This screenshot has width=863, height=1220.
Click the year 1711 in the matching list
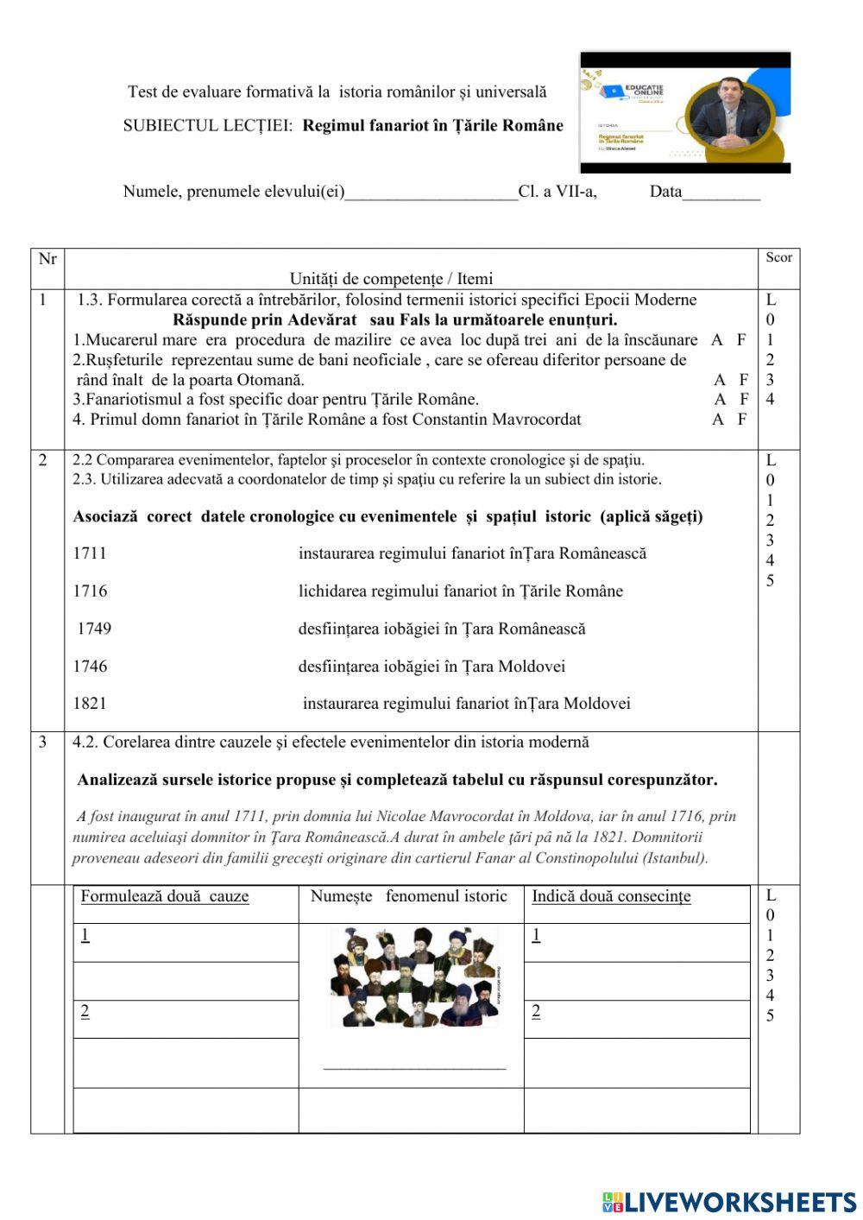pos(90,553)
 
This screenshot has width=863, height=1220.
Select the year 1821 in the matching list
pos(90,704)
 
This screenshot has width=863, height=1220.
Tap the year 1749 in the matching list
pos(94,629)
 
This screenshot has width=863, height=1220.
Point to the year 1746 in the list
pos(90,667)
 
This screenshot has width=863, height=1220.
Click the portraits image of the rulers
pos(414,977)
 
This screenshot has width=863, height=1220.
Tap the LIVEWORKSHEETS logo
pos(729,1202)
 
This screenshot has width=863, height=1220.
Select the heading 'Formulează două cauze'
pos(165,896)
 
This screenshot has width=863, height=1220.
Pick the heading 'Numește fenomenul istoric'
pos(409,896)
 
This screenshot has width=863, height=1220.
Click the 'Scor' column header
pos(778,257)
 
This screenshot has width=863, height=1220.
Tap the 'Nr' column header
pos(47,259)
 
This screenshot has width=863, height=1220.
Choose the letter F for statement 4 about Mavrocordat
pos(741,420)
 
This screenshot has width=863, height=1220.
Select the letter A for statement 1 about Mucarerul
pos(716,340)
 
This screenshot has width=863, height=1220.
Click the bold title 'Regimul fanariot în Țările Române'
pos(432,126)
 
